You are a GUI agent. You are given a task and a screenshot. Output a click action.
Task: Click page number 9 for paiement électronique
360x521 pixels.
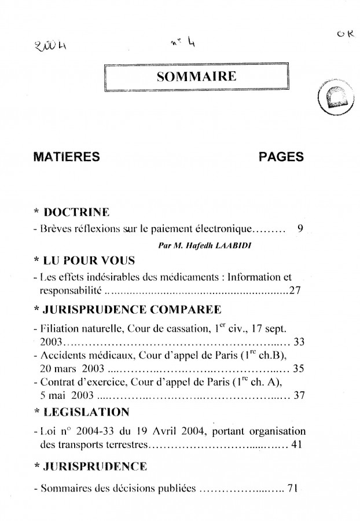click(300, 228)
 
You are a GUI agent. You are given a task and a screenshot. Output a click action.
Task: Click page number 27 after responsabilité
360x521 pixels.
click(295, 291)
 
